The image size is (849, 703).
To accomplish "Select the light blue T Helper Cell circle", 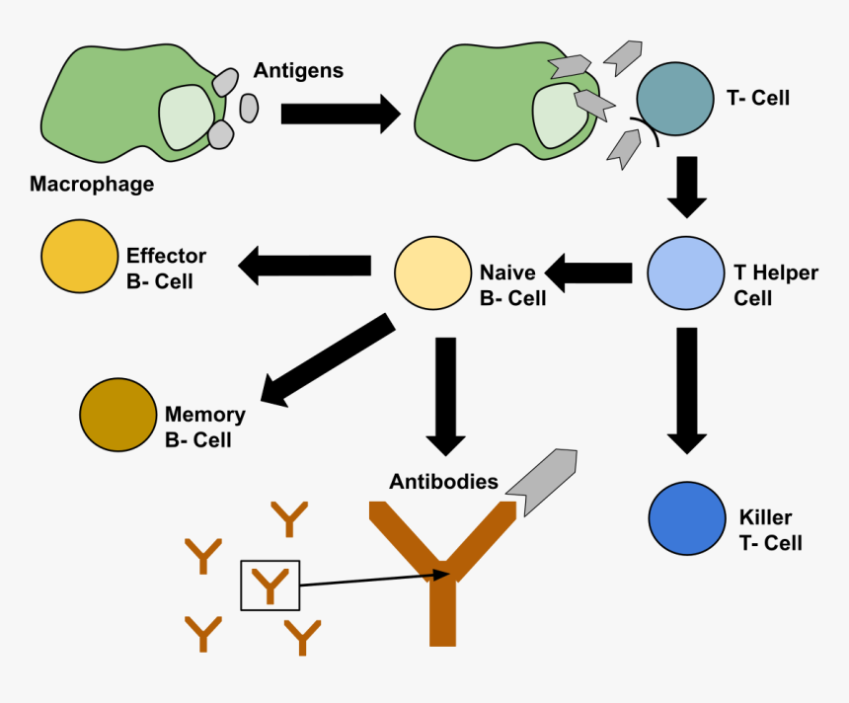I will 686,273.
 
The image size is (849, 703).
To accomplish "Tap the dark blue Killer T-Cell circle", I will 687,517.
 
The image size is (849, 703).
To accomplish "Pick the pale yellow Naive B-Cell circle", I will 432,273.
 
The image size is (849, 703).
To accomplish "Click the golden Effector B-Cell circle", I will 80,257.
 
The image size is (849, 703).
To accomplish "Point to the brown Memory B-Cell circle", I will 117,415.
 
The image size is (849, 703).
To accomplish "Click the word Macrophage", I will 92,184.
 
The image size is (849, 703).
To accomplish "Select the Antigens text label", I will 298,70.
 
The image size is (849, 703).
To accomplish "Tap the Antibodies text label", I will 443,482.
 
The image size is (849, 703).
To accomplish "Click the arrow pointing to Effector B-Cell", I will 304,265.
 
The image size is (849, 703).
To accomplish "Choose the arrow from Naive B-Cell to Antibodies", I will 445,395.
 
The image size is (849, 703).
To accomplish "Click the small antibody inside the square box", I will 270,586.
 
